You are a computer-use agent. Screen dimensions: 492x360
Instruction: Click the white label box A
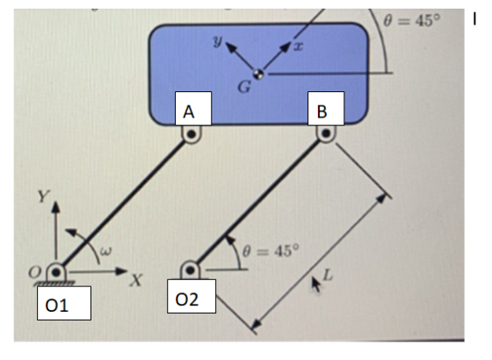[193, 109]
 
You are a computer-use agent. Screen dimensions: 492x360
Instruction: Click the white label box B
[326, 109]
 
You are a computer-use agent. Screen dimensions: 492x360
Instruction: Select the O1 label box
[64, 303]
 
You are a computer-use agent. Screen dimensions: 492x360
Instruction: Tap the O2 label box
[192, 297]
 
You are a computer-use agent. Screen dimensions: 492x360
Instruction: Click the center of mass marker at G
[258, 75]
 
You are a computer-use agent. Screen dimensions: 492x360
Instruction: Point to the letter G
[244, 87]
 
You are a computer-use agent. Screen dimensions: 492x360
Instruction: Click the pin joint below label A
[192, 134]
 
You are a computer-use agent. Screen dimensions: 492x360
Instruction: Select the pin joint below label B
[326, 133]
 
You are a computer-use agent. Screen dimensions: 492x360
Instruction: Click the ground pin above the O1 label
[56, 272]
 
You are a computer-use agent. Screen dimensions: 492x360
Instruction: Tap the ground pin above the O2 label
[190, 270]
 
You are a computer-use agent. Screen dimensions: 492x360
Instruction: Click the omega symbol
[105, 251]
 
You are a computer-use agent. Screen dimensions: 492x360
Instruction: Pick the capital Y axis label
[43, 197]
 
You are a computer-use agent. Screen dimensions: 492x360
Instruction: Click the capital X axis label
[136, 280]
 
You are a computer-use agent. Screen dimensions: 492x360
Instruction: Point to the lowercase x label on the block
[299, 47]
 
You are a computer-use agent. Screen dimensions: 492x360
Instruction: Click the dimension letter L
[327, 275]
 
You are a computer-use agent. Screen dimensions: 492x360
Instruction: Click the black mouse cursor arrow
[316, 284]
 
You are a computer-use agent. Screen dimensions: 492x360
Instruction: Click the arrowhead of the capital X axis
[121, 271]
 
